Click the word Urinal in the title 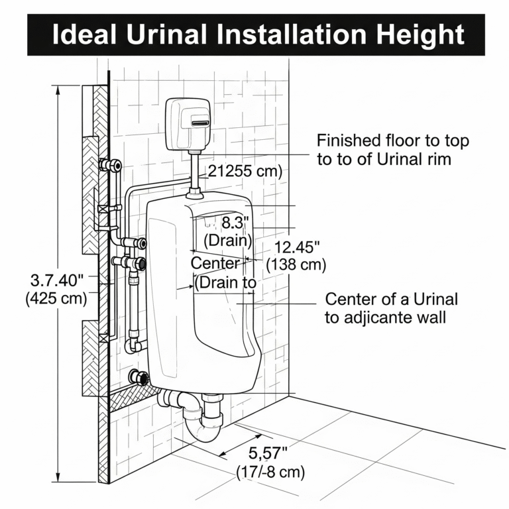click(x=167, y=34)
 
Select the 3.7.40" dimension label click(x=57, y=280)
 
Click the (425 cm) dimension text click(x=56, y=298)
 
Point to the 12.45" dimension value click(x=297, y=248)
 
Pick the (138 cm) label click(x=296, y=265)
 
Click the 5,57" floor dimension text click(x=268, y=453)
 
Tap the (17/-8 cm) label click(x=270, y=472)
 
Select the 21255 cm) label click(x=245, y=171)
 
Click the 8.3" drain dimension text click(x=235, y=223)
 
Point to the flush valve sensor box click(x=188, y=125)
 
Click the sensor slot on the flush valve click(x=201, y=123)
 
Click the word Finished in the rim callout click(x=349, y=141)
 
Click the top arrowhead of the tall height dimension click(x=58, y=89)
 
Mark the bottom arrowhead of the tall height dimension click(x=58, y=477)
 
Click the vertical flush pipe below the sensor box click(x=194, y=170)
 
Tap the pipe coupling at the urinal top click(x=195, y=194)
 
